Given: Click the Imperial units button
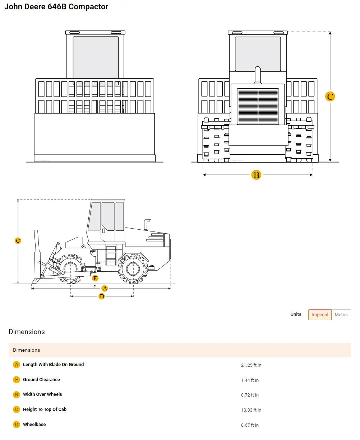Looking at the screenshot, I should (x=320, y=315).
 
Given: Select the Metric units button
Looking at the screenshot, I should (x=341, y=315).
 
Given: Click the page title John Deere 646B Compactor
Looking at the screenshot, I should (x=56, y=7).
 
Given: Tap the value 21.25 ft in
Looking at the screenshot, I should (x=251, y=365).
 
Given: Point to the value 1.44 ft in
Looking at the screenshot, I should (x=250, y=380).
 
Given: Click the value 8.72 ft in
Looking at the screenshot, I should (x=250, y=395).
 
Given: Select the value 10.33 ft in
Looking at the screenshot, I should (x=251, y=410).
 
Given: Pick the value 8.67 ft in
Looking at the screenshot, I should (x=250, y=425).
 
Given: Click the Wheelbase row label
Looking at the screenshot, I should (x=34, y=425).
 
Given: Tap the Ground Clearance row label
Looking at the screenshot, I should (x=41, y=380).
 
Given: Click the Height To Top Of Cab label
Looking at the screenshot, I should (x=45, y=409).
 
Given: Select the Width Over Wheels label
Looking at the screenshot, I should (x=42, y=394).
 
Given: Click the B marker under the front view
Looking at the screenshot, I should (x=256, y=175).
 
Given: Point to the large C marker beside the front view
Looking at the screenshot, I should (x=330, y=97).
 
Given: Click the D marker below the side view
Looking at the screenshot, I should (x=102, y=296).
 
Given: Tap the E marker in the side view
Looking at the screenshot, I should (x=95, y=278).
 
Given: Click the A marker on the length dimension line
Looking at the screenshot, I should (x=105, y=289).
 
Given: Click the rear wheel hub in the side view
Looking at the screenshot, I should (x=133, y=268).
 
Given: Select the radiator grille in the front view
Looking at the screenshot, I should (x=258, y=106).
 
